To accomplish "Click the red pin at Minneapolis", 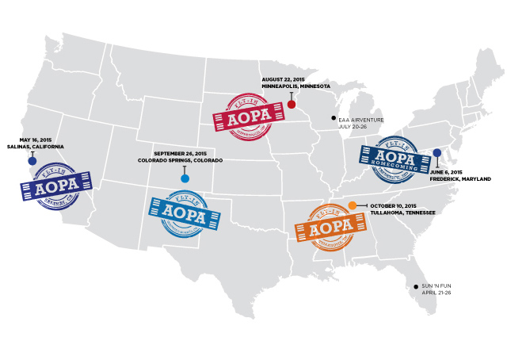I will [292, 105].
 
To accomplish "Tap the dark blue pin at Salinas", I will [32, 161].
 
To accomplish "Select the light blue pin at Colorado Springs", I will [185, 178].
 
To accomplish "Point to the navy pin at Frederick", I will [436, 152].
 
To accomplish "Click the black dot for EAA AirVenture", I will [334, 118].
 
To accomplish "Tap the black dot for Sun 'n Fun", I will [416, 286].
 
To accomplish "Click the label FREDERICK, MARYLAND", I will [460, 179].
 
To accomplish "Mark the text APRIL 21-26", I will [437, 293].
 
